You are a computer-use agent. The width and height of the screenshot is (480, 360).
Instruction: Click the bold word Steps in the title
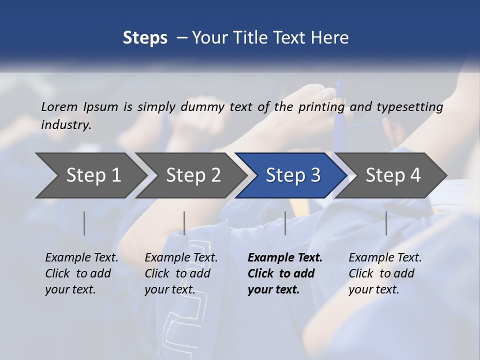[145, 38]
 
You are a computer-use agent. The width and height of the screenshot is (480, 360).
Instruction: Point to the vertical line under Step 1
[84, 223]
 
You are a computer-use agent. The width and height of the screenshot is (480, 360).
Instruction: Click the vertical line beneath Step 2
[184, 223]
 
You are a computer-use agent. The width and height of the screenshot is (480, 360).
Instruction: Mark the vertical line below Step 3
[285, 223]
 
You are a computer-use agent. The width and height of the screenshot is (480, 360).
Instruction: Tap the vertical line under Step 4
[386, 223]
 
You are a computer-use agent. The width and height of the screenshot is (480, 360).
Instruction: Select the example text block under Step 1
[81, 273]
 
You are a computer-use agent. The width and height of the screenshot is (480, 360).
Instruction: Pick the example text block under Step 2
[181, 273]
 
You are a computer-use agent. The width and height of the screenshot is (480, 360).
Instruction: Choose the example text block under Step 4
[385, 273]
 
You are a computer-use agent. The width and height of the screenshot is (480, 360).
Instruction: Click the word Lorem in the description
[59, 106]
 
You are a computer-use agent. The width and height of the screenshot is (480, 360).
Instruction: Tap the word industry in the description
[66, 125]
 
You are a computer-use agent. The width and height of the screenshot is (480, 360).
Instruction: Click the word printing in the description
[321, 107]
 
